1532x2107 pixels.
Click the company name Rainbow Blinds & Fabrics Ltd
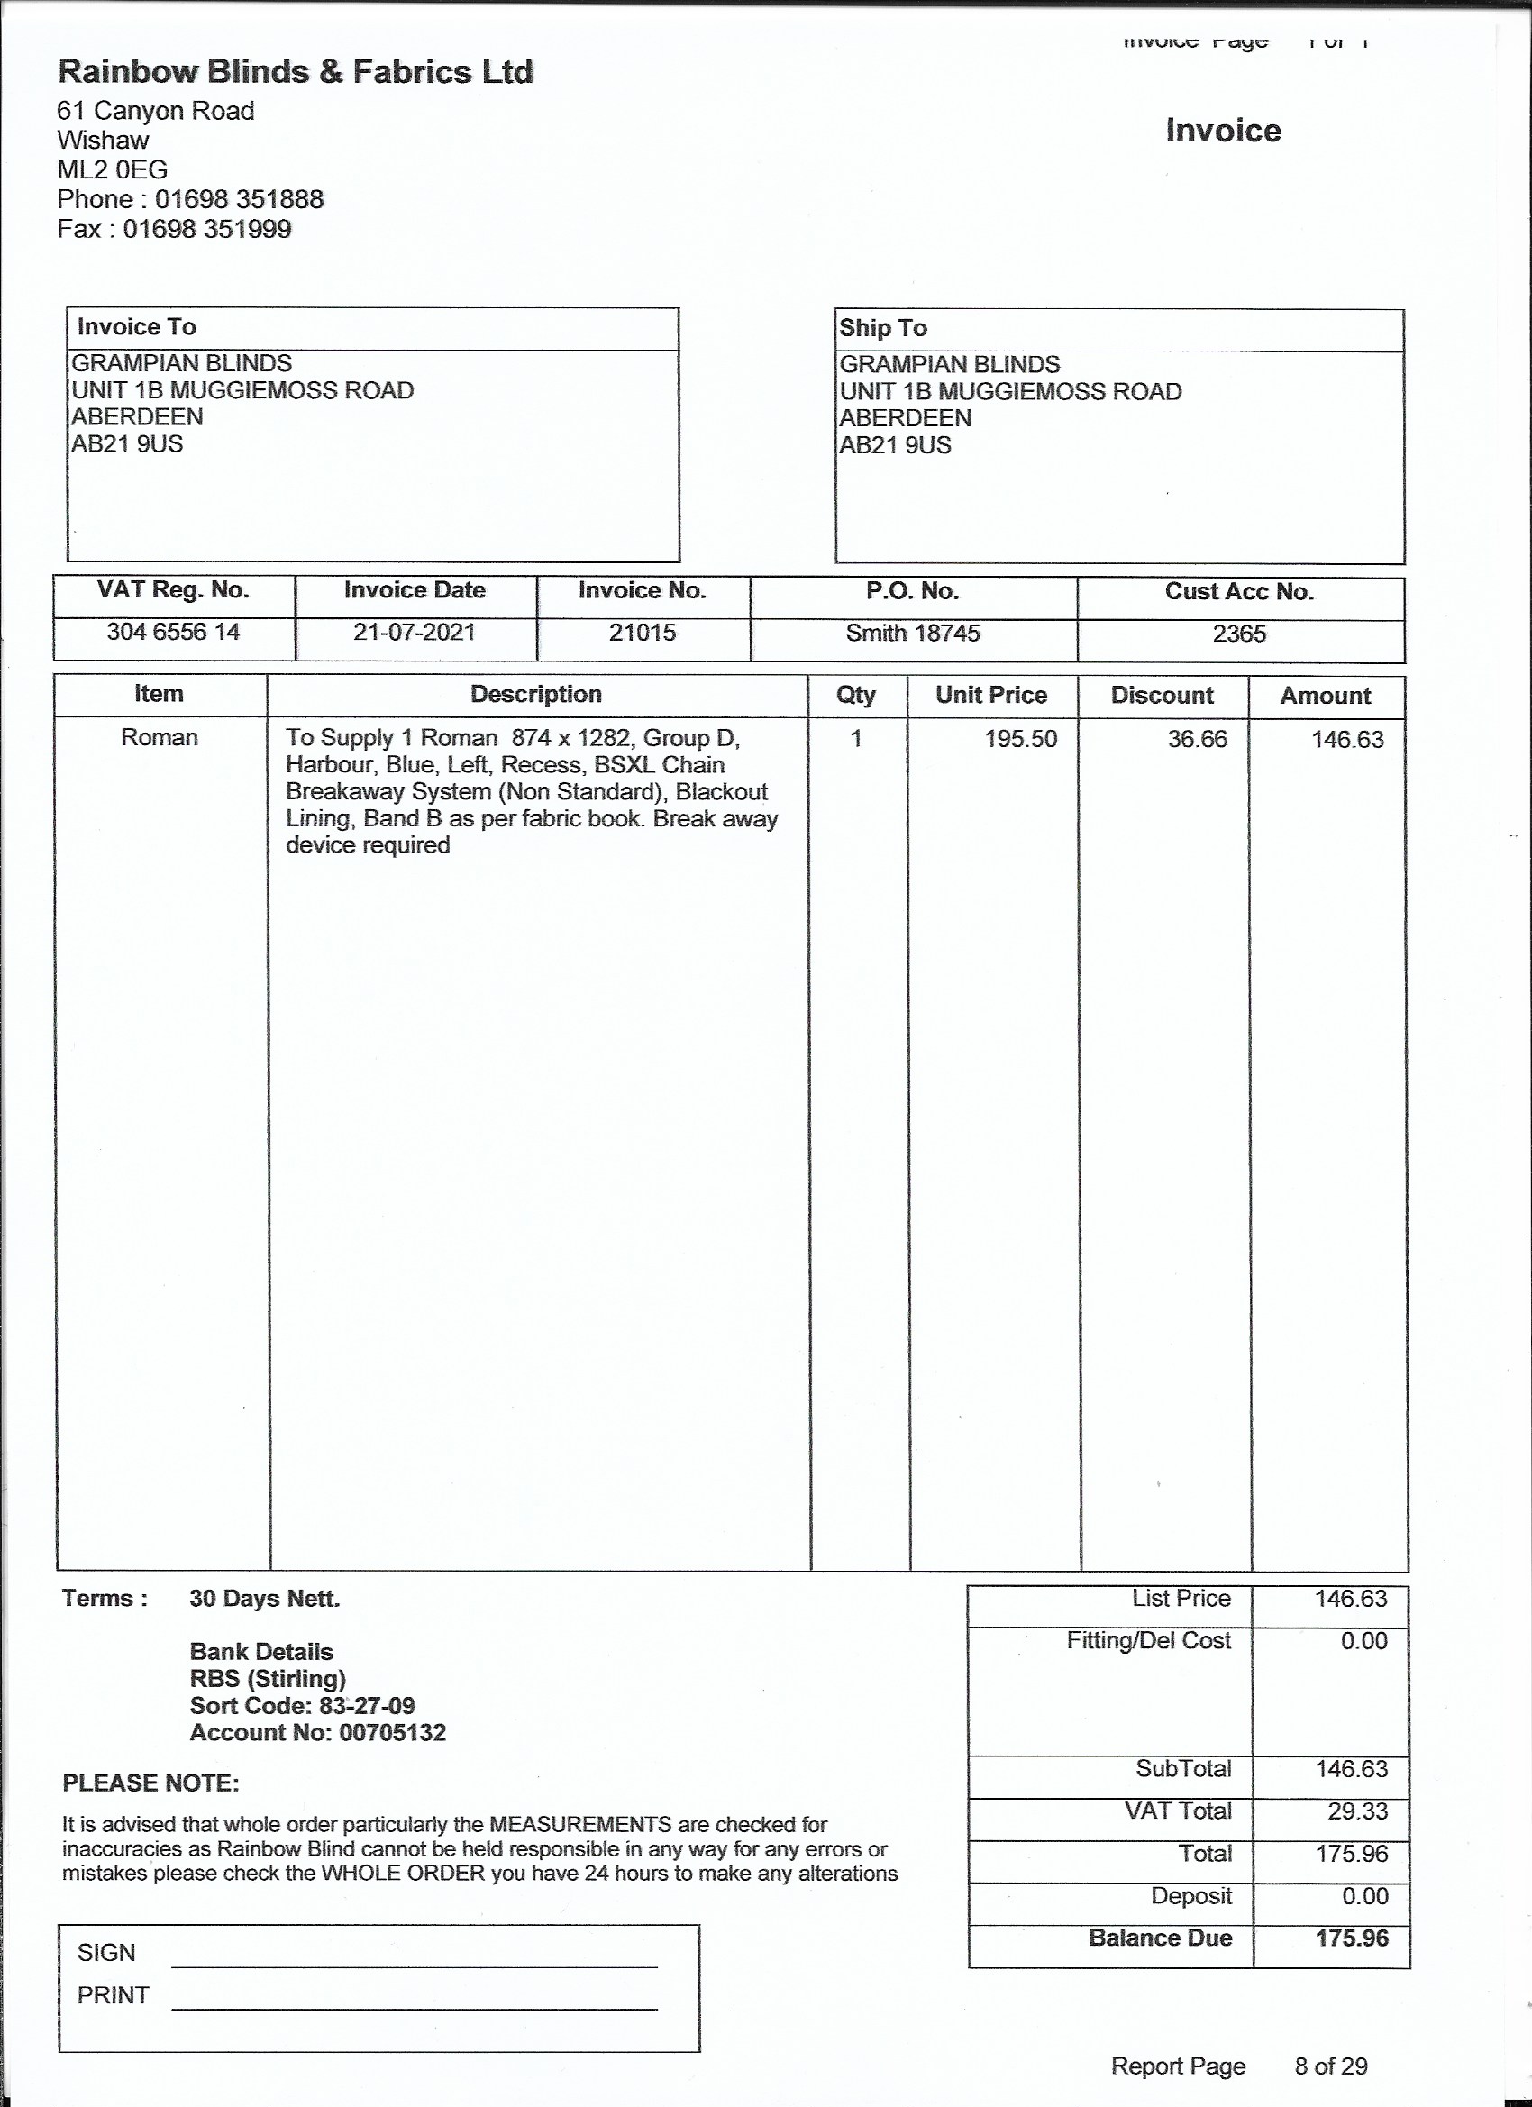click(x=296, y=71)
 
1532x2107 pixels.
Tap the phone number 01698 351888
click(x=239, y=200)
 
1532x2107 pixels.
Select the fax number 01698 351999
click(x=207, y=230)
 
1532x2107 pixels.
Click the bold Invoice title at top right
click(x=1223, y=131)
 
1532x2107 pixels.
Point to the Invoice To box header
click(x=137, y=327)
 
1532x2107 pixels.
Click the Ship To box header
click(x=882, y=328)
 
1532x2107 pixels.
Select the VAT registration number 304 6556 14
click(x=173, y=633)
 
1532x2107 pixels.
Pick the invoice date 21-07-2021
click(x=414, y=633)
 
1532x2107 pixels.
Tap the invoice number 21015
click(x=642, y=634)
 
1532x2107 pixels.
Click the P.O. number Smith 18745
click(x=912, y=634)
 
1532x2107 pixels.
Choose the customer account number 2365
click(x=1238, y=634)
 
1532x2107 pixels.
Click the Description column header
click(x=536, y=694)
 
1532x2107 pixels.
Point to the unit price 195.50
click(x=1020, y=740)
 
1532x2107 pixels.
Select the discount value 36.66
click(x=1197, y=740)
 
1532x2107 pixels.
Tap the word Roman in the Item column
click(x=159, y=738)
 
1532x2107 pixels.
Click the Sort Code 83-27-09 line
click(x=302, y=1706)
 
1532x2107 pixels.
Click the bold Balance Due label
click(x=1160, y=1938)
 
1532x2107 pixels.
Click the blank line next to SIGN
click(x=414, y=1959)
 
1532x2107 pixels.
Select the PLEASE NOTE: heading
click(x=150, y=1783)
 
